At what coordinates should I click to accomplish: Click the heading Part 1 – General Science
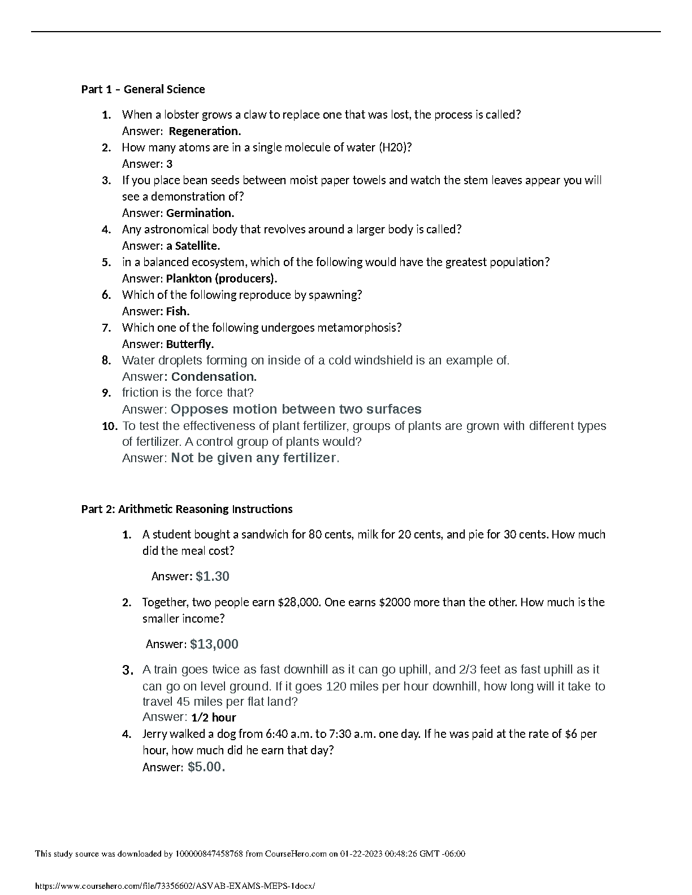coord(143,89)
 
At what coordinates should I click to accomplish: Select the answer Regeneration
coord(205,131)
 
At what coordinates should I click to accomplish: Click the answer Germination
coord(200,213)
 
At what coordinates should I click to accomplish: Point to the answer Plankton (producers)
coord(222,279)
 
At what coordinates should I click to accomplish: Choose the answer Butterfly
coord(190,344)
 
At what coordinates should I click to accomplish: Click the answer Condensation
coord(214,377)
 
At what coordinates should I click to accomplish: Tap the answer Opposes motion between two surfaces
coord(296,409)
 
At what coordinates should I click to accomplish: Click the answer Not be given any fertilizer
coord(254,458)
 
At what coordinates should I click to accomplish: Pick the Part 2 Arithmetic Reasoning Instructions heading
coord(187,509)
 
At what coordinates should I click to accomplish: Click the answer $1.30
coord(213,576)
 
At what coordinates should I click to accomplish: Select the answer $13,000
coord(214,644)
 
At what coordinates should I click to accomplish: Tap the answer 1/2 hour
coord(214,718)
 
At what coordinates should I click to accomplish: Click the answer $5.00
coord(206,767)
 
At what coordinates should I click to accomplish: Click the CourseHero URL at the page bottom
coord(175,887)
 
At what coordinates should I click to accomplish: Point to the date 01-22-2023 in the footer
coord(360,854)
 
